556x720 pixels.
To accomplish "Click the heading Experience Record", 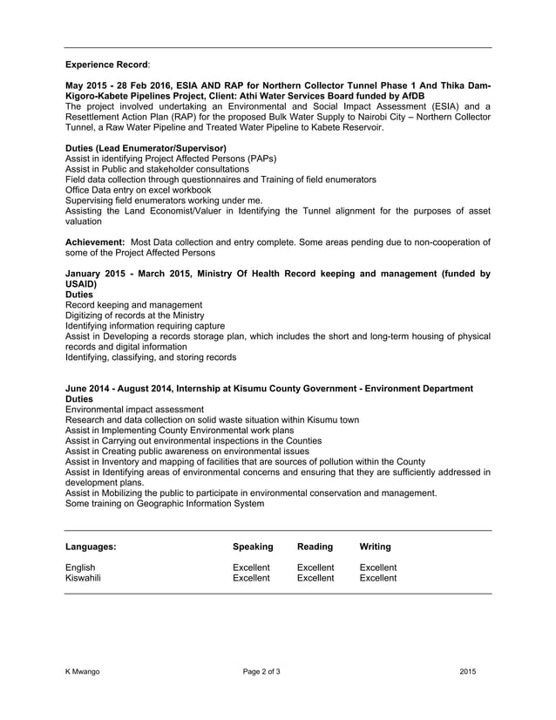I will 106,65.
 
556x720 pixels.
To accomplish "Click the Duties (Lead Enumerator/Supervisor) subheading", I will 146,148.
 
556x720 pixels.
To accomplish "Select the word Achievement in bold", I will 95,241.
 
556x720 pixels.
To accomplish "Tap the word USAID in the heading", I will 81,284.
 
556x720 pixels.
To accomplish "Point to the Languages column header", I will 91,547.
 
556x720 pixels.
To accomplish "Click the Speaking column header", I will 253,547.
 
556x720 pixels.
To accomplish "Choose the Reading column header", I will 315,547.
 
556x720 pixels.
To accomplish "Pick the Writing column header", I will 375,547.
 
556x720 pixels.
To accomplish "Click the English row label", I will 81,567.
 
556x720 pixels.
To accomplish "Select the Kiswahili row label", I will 84,578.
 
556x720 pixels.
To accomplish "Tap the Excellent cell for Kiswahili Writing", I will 378,578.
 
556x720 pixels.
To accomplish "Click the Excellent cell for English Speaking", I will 251,567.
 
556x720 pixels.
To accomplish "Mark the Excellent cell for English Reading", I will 315,567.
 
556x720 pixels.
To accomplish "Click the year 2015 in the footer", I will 468,671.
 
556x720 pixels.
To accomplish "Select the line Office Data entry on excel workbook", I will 139,189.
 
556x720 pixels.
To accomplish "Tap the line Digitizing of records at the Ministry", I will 135,316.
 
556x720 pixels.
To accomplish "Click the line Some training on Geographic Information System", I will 165,503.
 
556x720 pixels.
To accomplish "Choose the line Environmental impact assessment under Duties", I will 135,409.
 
